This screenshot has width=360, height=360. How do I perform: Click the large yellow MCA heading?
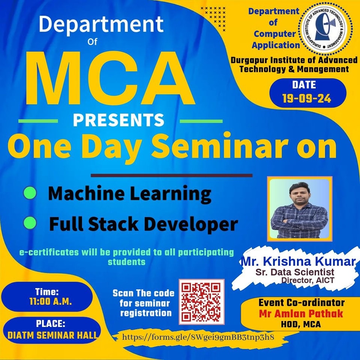[x=110, y=78]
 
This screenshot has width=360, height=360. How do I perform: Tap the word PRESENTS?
[x=118, y=120]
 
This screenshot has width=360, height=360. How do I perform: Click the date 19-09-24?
[x=307, y=99]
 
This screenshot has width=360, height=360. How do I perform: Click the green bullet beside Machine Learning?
[x=30, y=193]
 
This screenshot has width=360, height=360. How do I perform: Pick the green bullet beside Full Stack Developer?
[x=30, y=223]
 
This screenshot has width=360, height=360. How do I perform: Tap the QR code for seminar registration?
[x=201, y=301]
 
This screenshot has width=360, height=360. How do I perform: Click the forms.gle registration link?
[x=198, y=337]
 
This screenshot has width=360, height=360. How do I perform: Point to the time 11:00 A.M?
[x=51, y=301]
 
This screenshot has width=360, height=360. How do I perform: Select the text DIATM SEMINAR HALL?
[x=52, y=335]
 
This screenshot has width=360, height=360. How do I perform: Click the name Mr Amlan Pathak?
[x=301, y=313]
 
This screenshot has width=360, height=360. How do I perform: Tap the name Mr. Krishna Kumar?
[x=298, y=261]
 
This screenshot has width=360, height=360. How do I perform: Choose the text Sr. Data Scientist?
[x=295, y=272]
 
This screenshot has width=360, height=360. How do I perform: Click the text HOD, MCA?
[x=301, y=324]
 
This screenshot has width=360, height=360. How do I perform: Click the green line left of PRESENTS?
[x=38, y=121]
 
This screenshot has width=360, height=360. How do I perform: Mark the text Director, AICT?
[x=308, y=280]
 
